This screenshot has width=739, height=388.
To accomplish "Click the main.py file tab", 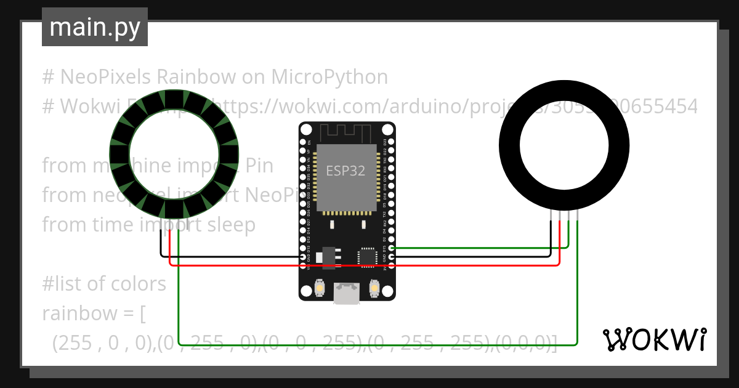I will [x=94, y=27].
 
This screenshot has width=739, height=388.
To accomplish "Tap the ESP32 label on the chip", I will [x=345, y=171].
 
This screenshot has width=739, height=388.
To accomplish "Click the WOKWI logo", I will [x=654, y=340].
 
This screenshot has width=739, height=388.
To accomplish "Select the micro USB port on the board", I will [x=346, y=294].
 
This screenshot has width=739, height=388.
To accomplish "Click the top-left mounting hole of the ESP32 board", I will [x=306, y=130].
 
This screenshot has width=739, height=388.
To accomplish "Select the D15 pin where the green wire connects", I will [x=391, y=248].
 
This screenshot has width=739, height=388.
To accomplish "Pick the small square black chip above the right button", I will [x=368, y=257].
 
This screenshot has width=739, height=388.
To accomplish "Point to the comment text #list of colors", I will [x=104, y=284].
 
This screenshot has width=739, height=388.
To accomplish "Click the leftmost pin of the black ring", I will [x=551, y=214].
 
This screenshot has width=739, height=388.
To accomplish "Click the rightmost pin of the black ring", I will [x=578, y=214].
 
